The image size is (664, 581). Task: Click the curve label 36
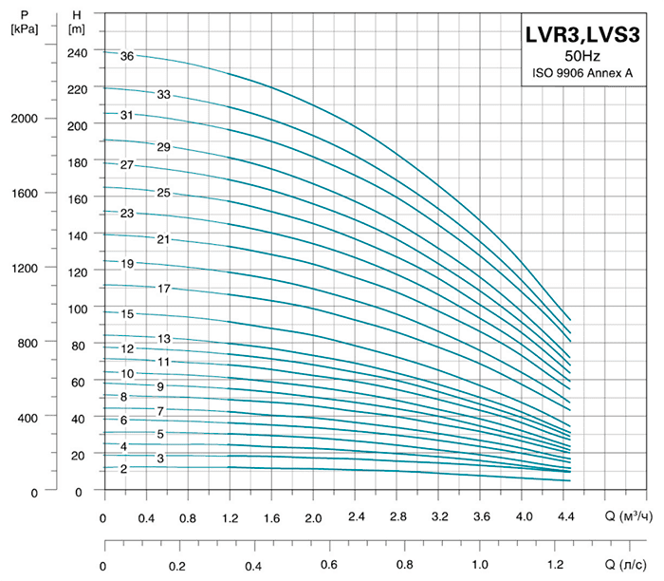(126, 56)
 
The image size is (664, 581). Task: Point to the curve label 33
(164, 95)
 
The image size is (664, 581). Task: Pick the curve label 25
(163, 193)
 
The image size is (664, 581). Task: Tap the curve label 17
(164, 288)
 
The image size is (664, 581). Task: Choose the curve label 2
(123, 469)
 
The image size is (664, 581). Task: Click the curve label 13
(164, 339)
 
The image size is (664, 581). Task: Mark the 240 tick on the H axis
(78, 52)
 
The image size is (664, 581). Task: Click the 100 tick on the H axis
(78, 309)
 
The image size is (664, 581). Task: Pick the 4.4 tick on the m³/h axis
(567, 518)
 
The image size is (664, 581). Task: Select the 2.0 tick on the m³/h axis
(314, 518)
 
